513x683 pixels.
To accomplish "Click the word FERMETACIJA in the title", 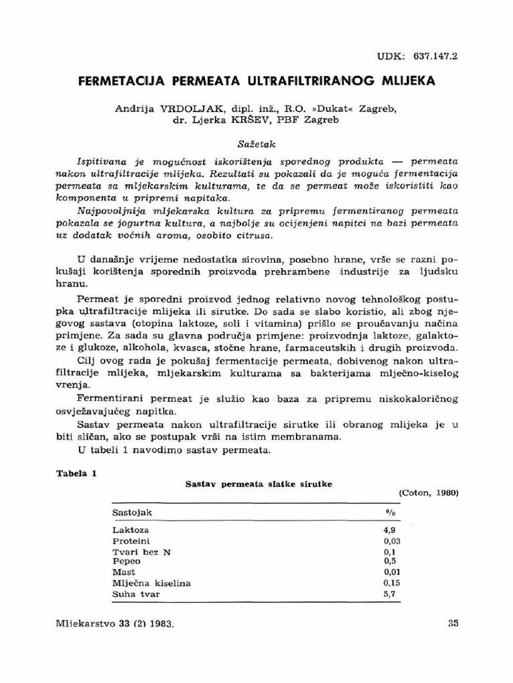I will (x=120, y=81).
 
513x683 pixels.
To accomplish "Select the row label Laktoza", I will (x=131, y=529).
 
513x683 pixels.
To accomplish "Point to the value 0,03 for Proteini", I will (x=392, y=540).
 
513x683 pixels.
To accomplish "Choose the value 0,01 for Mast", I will (x=392, y=572).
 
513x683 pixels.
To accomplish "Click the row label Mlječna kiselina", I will (x=152, y=583).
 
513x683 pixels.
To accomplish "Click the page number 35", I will (x=452, y=624).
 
